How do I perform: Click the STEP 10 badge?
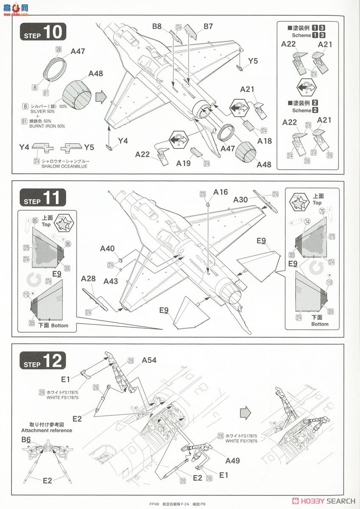coord(43,33)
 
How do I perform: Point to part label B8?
coord(157,27)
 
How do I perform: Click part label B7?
coord(208,27)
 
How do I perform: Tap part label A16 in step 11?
coord(220,192)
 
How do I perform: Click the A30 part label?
coord(241,200)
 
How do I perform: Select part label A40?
coord(107,249)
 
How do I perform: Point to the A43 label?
coord(110,281)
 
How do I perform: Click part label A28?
coord(89,278)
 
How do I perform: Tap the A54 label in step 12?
coord(149,360)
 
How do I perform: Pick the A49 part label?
coord(233,461)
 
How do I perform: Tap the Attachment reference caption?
coord(47,430)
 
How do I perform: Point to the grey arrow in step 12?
coord(246,413)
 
